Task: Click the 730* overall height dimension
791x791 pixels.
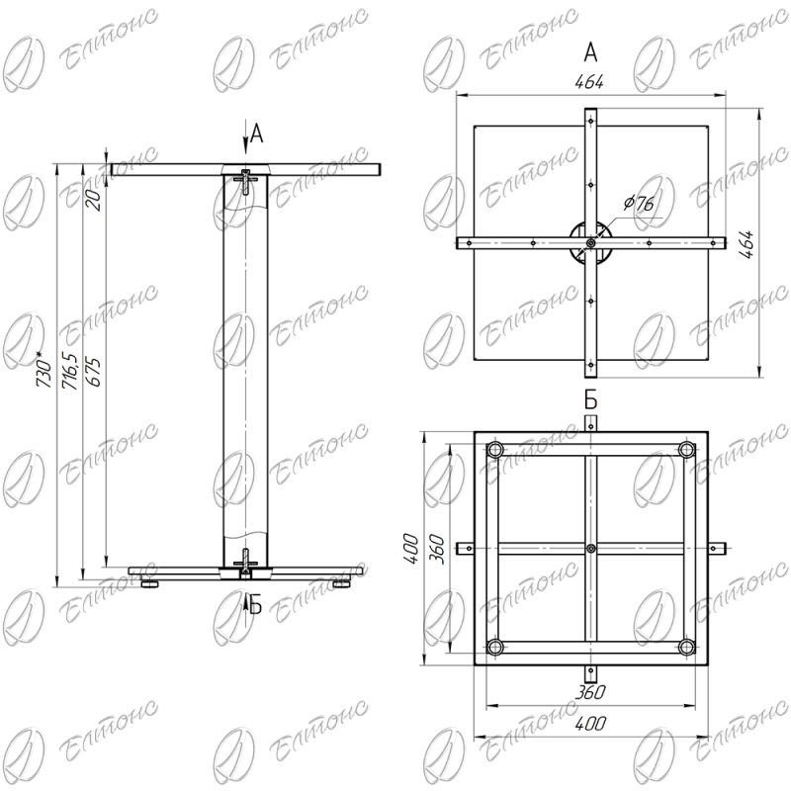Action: point(44,373)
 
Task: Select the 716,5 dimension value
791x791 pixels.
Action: point(69,371)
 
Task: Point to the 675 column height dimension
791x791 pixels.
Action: point(93,373)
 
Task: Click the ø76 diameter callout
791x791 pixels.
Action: point(639,204)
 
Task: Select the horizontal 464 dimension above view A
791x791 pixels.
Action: point(589,82)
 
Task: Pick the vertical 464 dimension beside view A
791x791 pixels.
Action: point(748,244)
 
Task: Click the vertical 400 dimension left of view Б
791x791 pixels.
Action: point(411,549)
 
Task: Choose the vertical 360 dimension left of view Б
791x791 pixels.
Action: point(436,550)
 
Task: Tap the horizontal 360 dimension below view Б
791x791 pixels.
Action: point(590,692)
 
